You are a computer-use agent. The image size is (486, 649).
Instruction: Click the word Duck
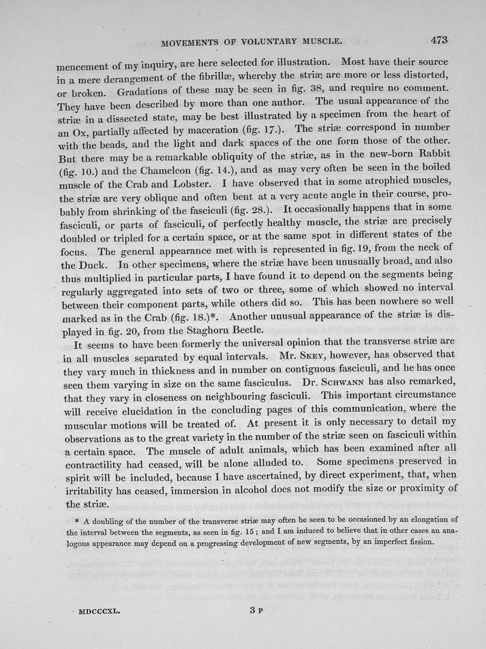click(x=94, y=249)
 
